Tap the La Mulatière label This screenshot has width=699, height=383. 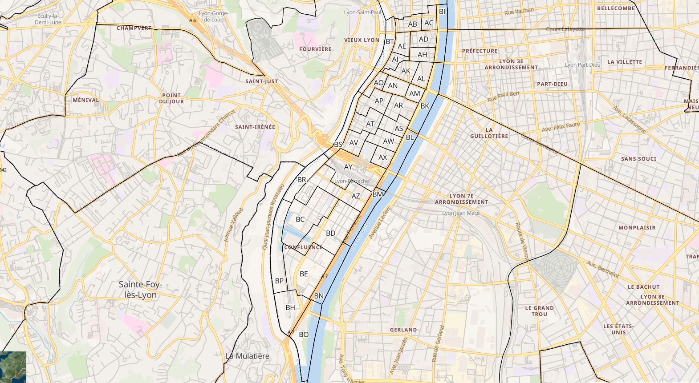[x=248, y=356]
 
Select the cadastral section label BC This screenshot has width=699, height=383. [x=300, y=219]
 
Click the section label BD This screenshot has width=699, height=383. [x=330, y=233]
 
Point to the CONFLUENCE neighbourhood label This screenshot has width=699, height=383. [x=303, y=247]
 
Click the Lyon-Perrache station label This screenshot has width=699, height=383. [x=352, y=181]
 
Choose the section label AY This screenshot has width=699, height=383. [x=348, y=167]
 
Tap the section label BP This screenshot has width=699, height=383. [x=279, y=281]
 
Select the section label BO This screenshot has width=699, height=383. [x=304, y=335]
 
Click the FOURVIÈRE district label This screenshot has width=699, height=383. [x=315, y=49]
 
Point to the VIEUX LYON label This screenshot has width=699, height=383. [x=362, y=40]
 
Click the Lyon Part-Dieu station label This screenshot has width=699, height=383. [x=582, y=65]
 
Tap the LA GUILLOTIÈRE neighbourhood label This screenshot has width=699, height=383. [x=489, y=133]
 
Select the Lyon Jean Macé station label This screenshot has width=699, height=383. [x=461, y=213]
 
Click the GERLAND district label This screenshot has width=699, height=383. [x=403, y=330]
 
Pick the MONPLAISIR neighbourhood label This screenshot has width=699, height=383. [x=637, y=227]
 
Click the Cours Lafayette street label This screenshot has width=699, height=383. [x=565, y=29]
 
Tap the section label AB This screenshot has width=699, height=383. [x=413, y=24]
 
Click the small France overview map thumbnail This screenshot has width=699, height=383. [x=13, y=367]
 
